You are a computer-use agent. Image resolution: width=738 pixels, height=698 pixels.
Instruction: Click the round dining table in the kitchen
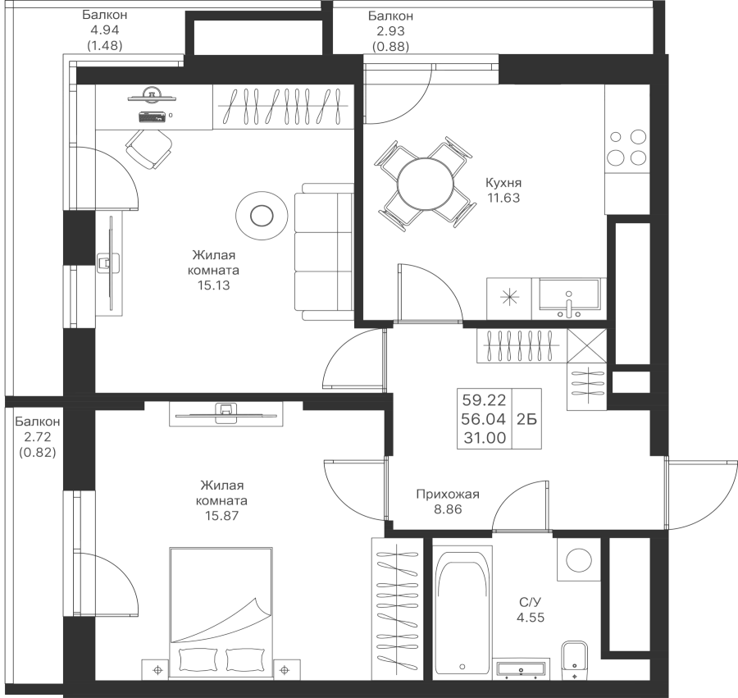click(x=424, y=182)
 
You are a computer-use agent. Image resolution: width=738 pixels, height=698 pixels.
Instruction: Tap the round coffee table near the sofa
click(x=261, y=216)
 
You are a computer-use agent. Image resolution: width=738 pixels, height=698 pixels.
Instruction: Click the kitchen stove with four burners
click(x=626, y=147)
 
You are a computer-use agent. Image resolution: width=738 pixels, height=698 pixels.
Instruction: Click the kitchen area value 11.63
click(x=503, y=198)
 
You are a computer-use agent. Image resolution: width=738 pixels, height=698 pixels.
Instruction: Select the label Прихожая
click(x=447, y=495)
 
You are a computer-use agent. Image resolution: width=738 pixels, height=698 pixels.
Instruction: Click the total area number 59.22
click(x=484, y=400)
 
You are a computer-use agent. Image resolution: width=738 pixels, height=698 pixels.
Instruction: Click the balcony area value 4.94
click(x=104, y=31)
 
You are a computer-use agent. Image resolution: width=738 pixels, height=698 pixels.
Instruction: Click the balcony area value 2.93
click(x=389, y=31)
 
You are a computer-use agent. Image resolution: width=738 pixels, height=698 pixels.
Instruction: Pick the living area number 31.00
click(x=484, y=437)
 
